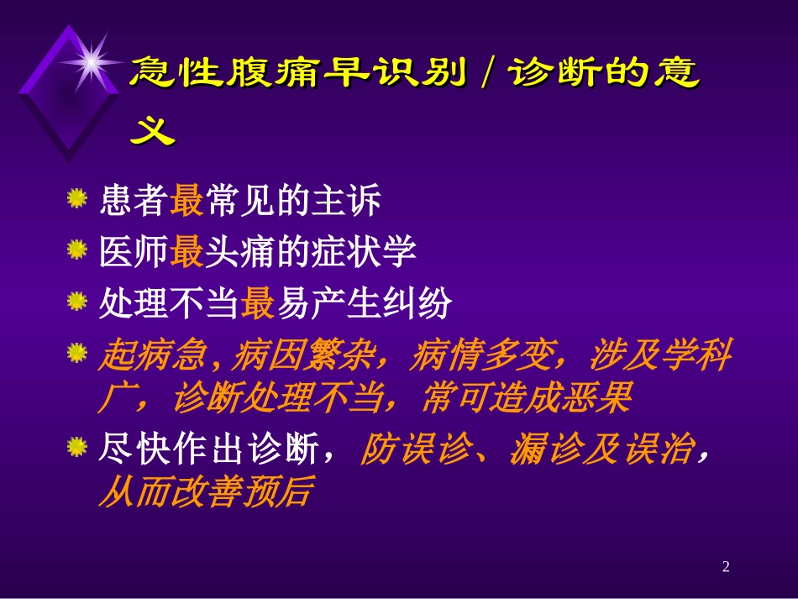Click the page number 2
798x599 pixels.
coord(726,568)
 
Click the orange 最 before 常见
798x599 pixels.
coord(186,202)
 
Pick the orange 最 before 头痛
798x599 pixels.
coord(186,253)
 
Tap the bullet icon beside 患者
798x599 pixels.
coord(77,200)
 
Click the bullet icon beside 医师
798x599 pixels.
coord(77,250)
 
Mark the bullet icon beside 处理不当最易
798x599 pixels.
coord(77,301)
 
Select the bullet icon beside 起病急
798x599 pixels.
coord(77,352)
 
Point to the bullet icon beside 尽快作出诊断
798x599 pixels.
coord(77,447)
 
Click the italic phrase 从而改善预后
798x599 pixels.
coord(205,491)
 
